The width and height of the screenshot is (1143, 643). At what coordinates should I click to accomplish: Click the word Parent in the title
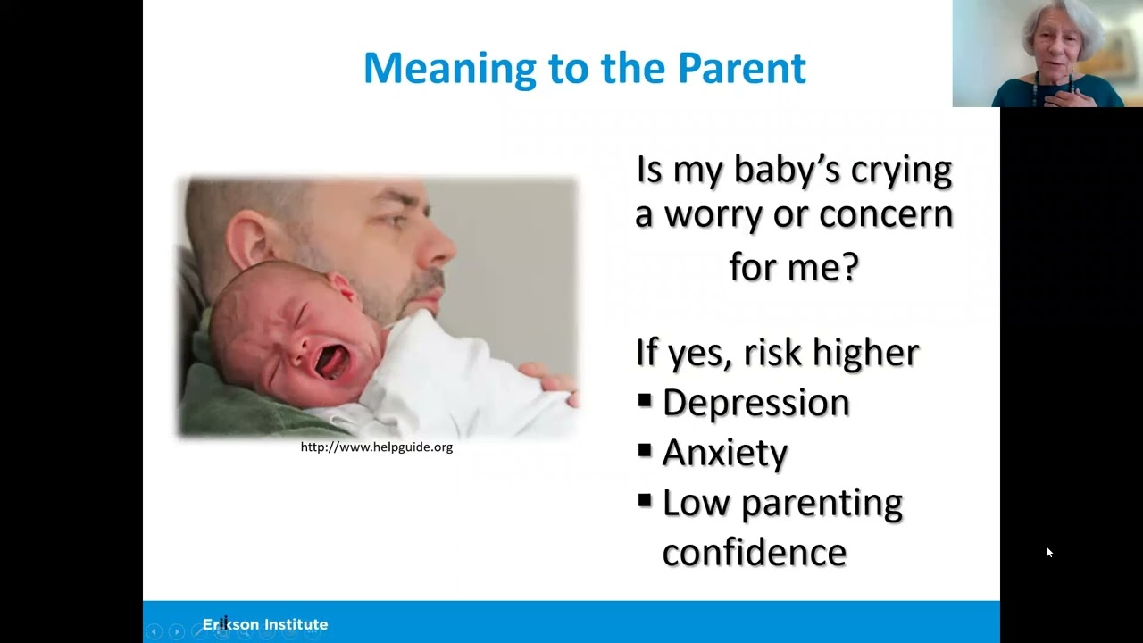tap(742, 68)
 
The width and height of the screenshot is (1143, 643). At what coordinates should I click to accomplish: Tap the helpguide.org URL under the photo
tap(377, 447)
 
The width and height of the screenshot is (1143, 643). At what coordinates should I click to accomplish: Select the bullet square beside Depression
tap(645, 401)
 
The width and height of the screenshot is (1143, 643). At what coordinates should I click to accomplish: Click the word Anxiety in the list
tap(724, 452)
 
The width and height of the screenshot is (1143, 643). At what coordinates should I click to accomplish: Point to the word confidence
tap(755, 552)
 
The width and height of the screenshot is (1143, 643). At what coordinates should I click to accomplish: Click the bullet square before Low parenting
tap(645, 501)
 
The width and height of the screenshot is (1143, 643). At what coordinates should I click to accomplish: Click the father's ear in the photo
tap(248, 238)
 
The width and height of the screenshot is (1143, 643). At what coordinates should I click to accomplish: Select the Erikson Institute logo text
tap(265, 624)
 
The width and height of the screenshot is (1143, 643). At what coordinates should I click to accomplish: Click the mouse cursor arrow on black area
tap(1049, 552)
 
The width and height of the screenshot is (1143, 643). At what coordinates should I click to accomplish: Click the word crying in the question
tap(901, 171)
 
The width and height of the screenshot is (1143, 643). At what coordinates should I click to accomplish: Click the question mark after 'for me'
tap(849, 266)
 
